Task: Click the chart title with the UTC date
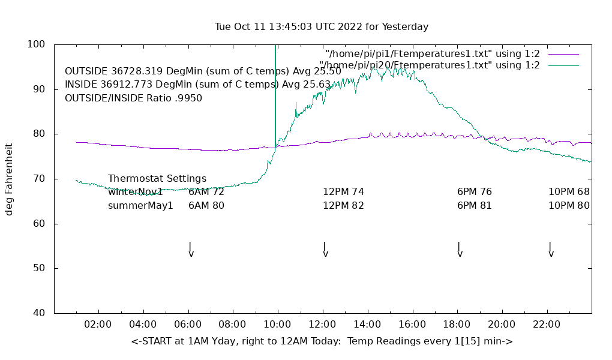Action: (x=322, y=26)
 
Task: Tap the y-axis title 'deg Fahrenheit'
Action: (x=9, y=179)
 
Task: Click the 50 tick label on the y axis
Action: (x=39, y=268)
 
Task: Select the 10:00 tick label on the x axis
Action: (x=277, y=325)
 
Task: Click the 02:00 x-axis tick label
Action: (x=98, y=325)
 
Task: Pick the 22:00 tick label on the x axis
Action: (x=547, y=325)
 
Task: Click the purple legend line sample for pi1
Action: (x=563, y=54)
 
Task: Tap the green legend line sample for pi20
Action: (x=563, y=65)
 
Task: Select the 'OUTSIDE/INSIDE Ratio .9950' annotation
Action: (x=133, y=98)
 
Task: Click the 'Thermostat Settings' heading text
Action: (x=157, y=178)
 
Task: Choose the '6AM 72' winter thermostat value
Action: (x=206, y=192)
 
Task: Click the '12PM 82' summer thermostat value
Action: (x=343, y=205)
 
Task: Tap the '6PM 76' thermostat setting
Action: (x=474, y=192)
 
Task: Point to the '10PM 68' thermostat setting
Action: (x=569, y=192)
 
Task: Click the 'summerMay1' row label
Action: (x=140, y=205)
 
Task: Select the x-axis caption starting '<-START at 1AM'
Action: (x=322, y=341)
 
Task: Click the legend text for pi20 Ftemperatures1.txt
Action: (x=430, y=65)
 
